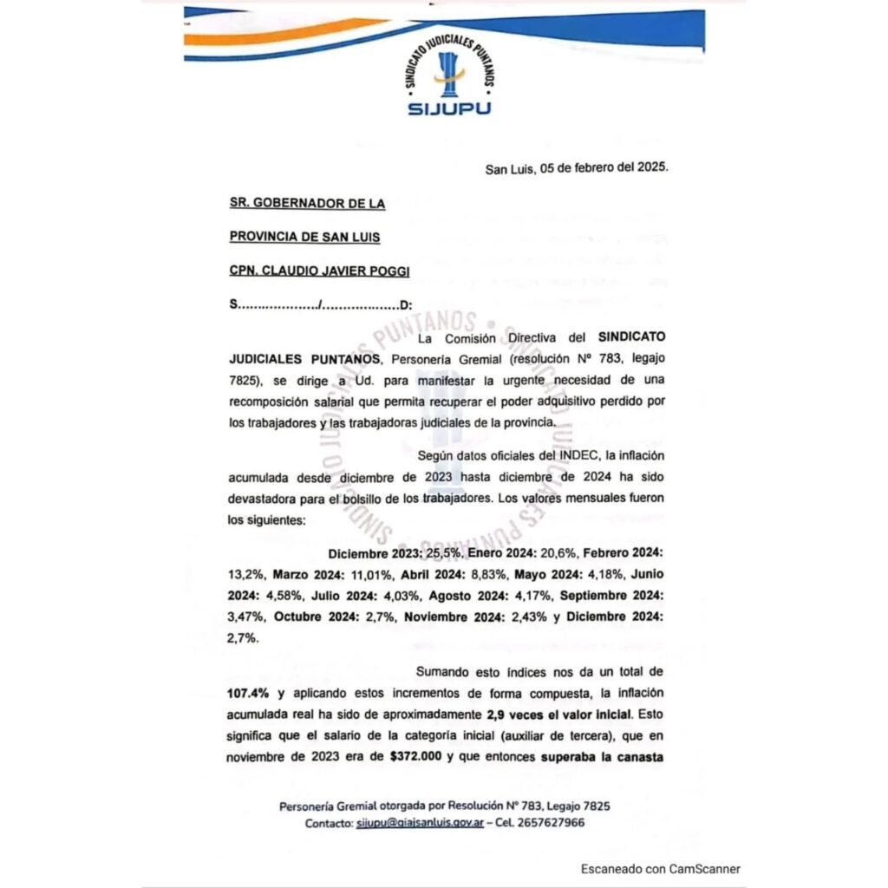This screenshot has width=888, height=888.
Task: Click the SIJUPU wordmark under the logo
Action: (448, 109)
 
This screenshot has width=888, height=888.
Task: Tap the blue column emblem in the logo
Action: (449, 74)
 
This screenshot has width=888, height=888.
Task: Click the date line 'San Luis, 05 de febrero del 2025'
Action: (577, 169)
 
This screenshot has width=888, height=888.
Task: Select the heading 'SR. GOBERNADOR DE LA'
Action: (307, 204)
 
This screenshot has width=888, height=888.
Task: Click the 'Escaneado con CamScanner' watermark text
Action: (661, 869)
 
